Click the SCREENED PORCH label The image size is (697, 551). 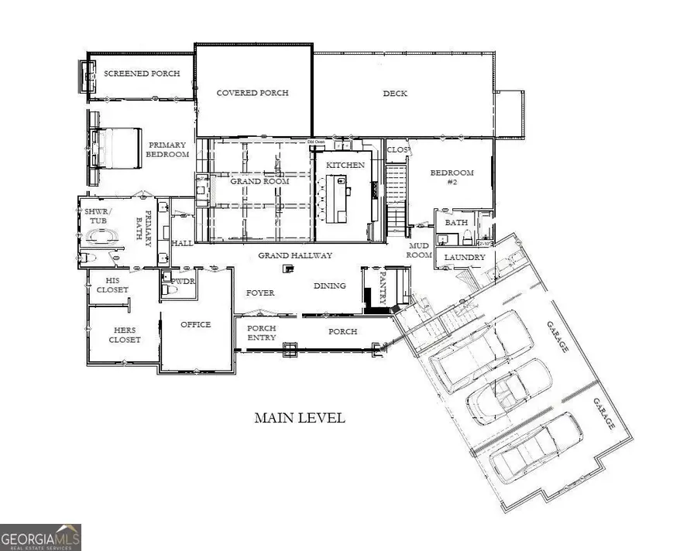click(142, 74)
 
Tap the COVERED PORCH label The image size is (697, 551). click(252, 93)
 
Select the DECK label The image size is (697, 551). click(395, 94)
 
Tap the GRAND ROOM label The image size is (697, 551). click(260, 181)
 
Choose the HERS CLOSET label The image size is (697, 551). click(124, 334)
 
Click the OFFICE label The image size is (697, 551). click(195, 324)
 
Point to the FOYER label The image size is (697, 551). click(261, 293)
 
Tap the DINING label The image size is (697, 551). click(330, 286)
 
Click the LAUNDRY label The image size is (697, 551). click(465, 257)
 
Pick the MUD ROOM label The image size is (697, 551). click(419, 249)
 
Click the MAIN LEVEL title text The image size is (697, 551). click(300, 418)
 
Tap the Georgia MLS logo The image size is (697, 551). click(40, 536)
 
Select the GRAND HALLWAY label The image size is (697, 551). click(295, 255)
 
